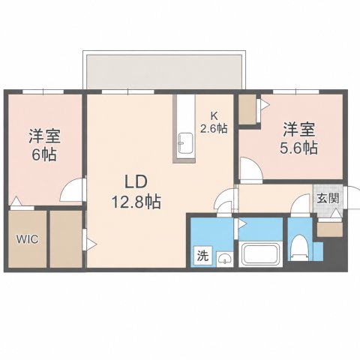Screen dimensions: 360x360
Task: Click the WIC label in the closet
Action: [x=28, y=239]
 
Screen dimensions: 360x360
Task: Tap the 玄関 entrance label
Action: [x=328, y=199]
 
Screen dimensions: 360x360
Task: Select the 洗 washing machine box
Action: [x=203, y=255]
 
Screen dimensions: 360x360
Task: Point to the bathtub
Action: [x=261, y=254]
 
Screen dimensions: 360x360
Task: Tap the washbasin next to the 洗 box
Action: [x=225, y=259]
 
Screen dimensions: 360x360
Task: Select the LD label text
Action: [x=136, y=182]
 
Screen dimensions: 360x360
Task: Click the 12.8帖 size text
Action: [x=136, y=202]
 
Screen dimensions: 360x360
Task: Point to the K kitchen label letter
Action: [x=214, y=115]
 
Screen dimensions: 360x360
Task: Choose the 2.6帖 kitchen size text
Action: [x=214, y=128]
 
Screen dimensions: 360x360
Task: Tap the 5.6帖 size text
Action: [x=298, y=148]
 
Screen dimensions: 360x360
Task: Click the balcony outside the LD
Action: [x=164, y=72]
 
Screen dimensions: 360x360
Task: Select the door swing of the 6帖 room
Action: [x=72, y=190]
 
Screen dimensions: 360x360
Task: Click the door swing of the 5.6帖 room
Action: [x=250, y=169]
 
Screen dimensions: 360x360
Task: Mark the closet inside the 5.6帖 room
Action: [x=247, y=109]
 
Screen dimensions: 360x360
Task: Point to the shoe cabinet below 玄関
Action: [x=330, y=229]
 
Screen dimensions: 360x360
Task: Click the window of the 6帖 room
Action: [x=43, y=91]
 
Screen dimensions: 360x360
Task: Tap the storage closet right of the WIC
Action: [x=66, y=239]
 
